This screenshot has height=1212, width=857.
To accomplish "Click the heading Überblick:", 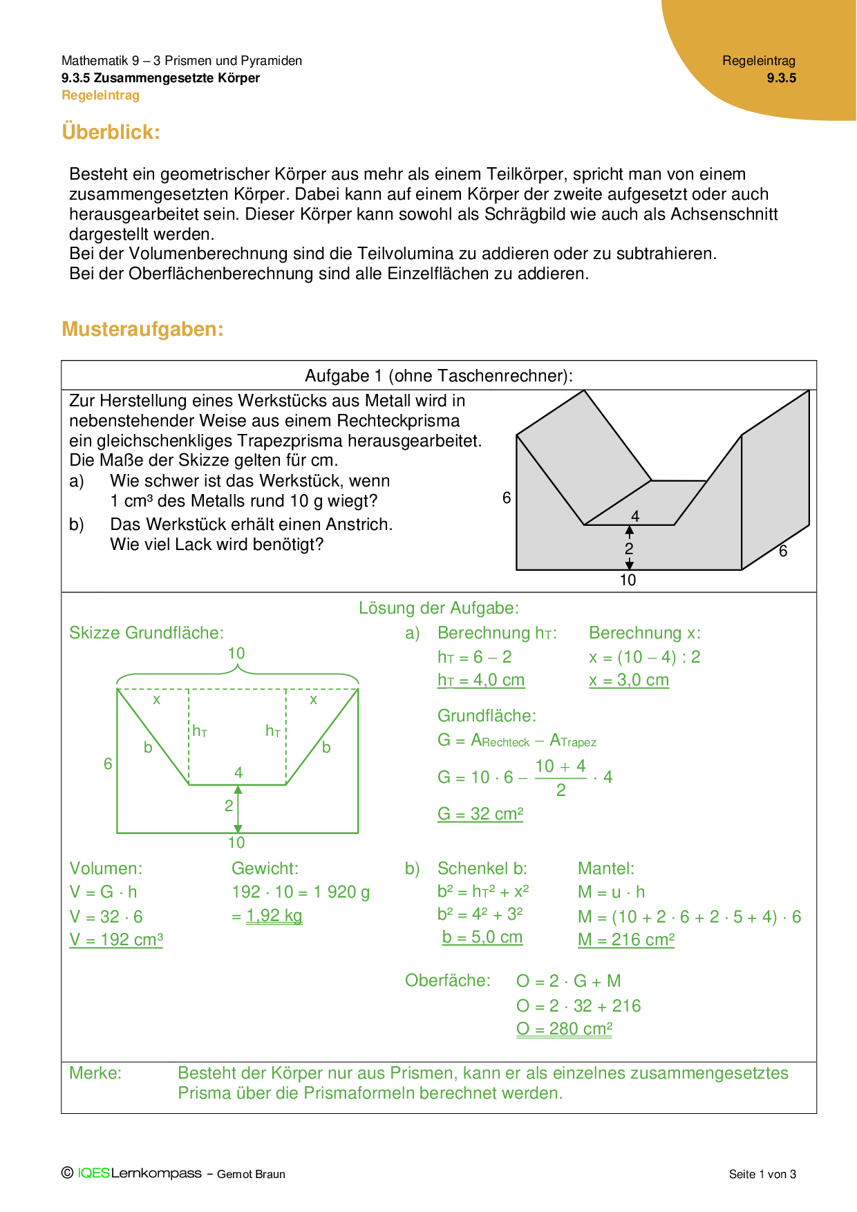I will tap(111, 131).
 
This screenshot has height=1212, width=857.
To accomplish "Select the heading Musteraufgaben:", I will tap(142, 329).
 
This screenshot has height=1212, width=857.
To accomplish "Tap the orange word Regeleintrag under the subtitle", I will tap(100, 95).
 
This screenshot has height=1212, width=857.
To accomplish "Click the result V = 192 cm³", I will tap(116, 940).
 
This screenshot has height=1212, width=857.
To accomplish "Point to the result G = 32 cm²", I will tap(480, 814).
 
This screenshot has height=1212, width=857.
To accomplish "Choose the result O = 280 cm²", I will tap(564, 1029).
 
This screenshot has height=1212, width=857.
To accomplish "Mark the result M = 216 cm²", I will tap(625, 940).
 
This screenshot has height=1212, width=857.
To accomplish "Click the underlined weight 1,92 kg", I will tap(274, 916).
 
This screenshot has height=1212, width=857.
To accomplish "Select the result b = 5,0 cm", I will tap(482, 938).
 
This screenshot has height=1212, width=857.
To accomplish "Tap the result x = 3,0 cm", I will tap(629, 680).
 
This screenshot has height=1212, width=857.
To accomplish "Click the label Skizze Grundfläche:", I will tap(147, 633).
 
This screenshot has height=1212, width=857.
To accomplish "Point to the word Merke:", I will tap(95, 1073).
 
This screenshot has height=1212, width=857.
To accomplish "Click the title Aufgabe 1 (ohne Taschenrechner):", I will tap(439, 376).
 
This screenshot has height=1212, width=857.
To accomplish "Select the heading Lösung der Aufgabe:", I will tap(439, 608).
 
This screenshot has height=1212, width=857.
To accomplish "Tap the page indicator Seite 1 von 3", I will tap(762, 1174).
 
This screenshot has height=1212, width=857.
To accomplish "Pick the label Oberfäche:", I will tap(448, 981).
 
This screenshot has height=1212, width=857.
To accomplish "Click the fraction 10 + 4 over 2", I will tap(561, 777).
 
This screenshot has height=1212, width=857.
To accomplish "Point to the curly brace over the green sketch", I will tap(237, 673).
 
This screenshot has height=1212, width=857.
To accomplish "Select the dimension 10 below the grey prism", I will tap(628, 580).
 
